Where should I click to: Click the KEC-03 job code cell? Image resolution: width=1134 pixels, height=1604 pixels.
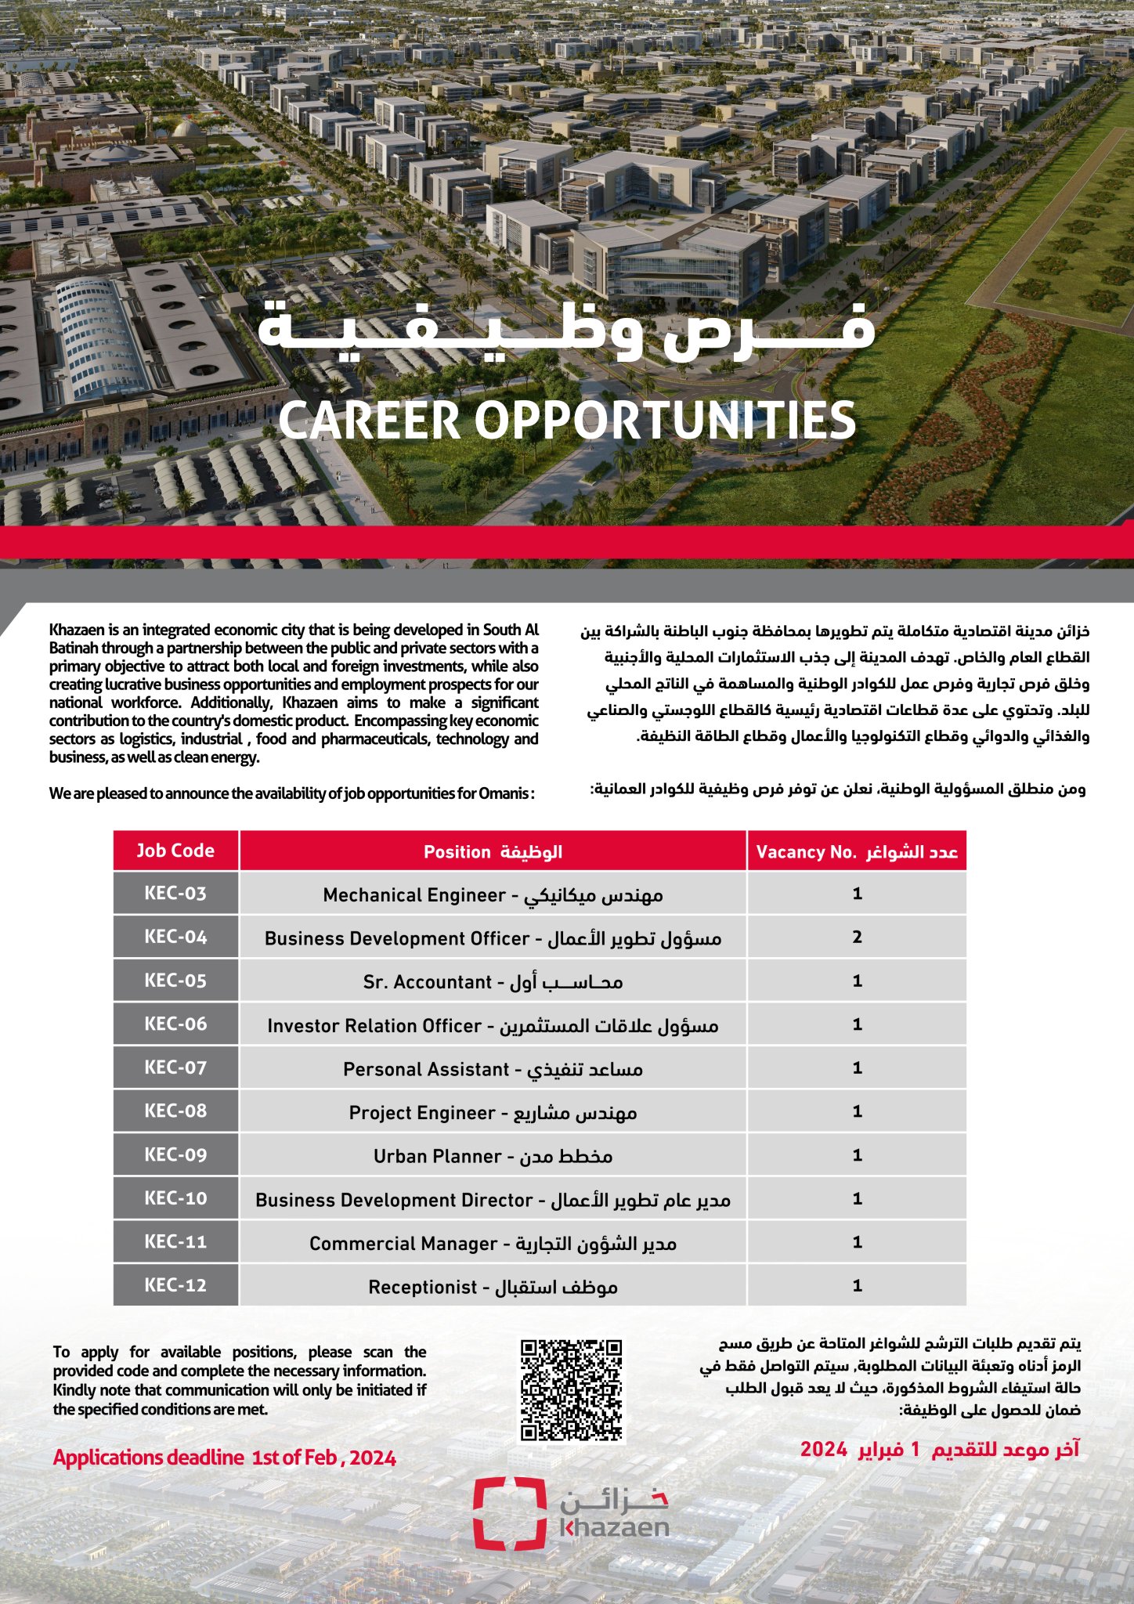click(x=175, y=894)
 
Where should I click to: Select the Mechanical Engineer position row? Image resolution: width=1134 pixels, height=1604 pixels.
click(x=493, y=894)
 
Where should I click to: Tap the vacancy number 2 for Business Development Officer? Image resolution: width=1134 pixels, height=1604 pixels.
click(x=857, y=937)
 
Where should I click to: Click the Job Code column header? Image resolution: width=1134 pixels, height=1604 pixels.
click(x=175, y=851)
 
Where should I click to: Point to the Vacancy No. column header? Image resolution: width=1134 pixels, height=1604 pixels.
click(x=857, y=851)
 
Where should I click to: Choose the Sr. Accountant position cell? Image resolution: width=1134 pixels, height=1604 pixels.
click(x=493, y=981)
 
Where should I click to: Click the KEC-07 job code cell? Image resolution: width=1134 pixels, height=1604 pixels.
click(x=175, y=1068)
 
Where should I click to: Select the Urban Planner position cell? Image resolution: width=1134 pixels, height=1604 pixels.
click(x=493, y=1156)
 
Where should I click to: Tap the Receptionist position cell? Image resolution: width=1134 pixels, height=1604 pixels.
click(x=493, y=1287)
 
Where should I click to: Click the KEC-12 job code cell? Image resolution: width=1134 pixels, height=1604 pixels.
click(x=175, y=1285)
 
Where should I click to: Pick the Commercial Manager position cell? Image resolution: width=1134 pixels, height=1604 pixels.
click(x=493, y=1243)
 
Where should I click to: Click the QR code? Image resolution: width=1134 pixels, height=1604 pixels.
click(x=572, y=1390)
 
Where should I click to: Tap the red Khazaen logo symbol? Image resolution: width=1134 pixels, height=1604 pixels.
click(x=509, y=1513)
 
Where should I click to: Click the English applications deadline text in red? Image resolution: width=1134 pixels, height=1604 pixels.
click(x=225, y=1458)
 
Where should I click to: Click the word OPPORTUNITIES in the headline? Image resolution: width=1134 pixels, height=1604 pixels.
click(x=665, y=421)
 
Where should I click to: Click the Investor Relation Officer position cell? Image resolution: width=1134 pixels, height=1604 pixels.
click(x=493, y=1025)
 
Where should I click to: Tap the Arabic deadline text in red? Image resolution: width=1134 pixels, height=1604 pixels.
click(x=939, y=1450)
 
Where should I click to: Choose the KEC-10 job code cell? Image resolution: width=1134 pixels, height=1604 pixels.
click(x=175, y=1198)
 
